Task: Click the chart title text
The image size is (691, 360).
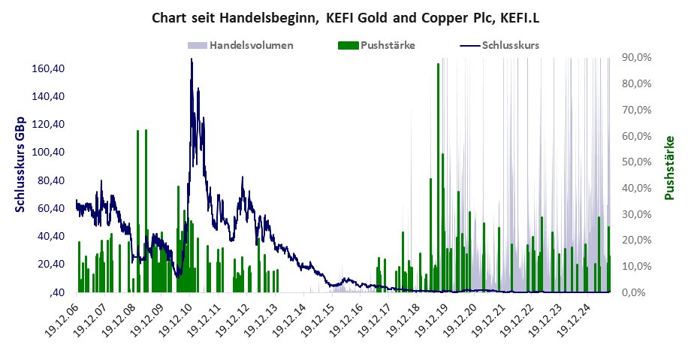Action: point(345,17)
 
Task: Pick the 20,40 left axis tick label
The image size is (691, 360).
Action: point(54,264)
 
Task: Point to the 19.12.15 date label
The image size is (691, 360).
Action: point(318,320)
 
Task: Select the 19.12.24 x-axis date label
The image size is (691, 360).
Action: point(573,320)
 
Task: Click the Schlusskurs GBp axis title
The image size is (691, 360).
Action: point(20,165)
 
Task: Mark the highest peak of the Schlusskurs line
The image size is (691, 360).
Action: point(192,59)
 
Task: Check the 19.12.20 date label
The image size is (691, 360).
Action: point(460,320)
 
